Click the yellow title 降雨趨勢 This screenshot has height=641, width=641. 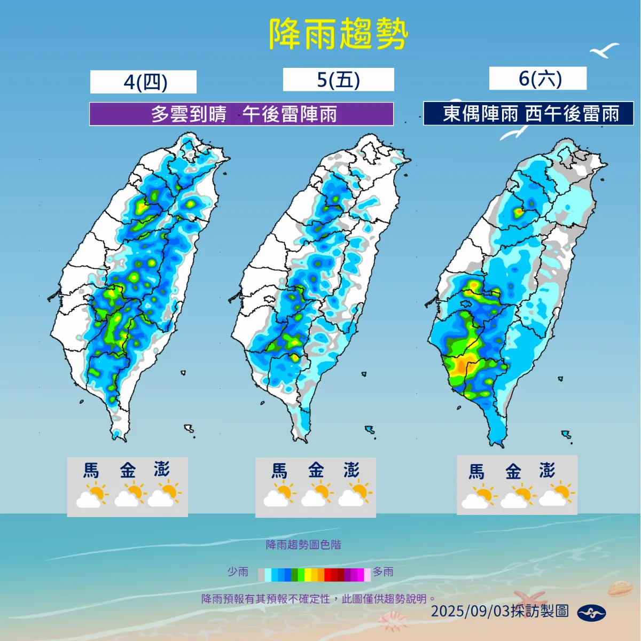coord(338,34)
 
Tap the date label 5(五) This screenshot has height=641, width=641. coord(338,80)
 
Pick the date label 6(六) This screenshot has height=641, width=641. coord(538,79)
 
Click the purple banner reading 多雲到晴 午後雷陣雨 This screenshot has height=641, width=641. coord(241,114)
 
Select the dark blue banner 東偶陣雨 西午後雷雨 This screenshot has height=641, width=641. coord(529,114)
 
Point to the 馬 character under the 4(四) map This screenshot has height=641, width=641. coord(91,471)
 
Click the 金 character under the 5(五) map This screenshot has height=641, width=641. coord(316,471)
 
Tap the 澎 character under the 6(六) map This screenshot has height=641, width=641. coord(546,471)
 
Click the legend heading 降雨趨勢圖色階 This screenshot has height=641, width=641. coord(303,545)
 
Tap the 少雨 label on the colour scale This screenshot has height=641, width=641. coord(238,572)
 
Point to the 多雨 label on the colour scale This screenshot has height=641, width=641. coord(383,572)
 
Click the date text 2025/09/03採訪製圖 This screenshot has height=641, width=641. coord(499,611)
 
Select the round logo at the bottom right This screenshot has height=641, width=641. coord(591,613)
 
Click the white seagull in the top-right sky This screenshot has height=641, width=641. coord(604,51)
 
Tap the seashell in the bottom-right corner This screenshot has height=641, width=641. coord(620,589)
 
